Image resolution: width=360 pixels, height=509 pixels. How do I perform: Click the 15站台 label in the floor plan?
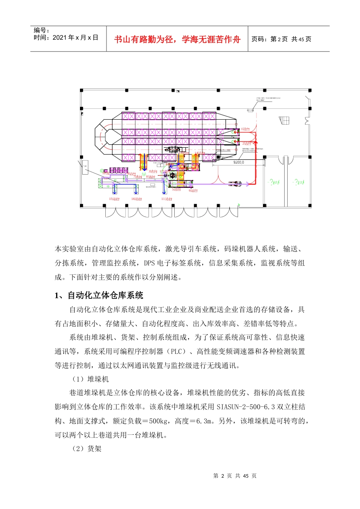click(114, 199)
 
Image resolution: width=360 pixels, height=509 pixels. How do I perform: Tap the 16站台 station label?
click(136, 199)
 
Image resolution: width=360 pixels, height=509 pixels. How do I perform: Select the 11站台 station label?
click(167, 199)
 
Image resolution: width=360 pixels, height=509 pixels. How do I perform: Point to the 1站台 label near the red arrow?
click(246, 129)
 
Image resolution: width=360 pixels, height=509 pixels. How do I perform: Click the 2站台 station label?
click(247, 144)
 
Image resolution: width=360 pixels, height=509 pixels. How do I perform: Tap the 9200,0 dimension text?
click(238, 162)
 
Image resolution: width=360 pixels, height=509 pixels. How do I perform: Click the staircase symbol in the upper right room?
click(284, 120)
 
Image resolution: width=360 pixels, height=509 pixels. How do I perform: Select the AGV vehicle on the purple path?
click(235, 184)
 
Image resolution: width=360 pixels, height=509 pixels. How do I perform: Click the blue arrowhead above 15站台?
click(114, 193)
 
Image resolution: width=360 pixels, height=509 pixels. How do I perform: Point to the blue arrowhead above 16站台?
click(136, 193)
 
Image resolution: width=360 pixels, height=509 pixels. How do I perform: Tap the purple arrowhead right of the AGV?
click(248, 184)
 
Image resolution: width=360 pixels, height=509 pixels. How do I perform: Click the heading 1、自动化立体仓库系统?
click(99, 295)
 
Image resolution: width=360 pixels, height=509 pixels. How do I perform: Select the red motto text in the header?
click(177, 39)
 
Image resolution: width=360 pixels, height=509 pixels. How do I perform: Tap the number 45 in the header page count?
click(301, 39)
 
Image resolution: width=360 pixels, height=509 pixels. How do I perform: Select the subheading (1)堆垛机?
click(91, 379)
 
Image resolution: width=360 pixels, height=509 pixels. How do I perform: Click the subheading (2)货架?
click(87, 449)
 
